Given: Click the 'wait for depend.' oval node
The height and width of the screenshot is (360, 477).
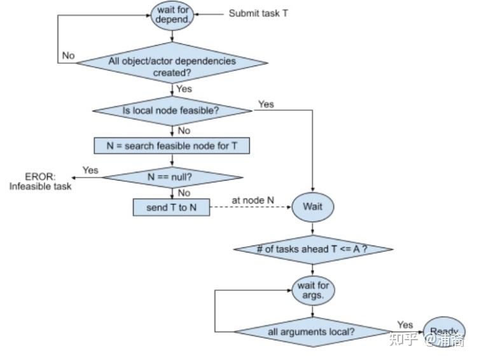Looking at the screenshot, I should (x=172, y=15).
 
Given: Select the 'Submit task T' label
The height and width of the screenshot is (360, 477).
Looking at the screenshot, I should (x=258, y=13).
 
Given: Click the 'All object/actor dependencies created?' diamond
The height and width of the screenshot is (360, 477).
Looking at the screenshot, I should (x=172, y=66).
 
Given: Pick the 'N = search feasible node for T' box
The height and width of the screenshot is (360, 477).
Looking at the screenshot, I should (x=171, y=146).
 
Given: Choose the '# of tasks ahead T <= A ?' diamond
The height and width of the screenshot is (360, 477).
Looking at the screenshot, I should (x=312, y=249).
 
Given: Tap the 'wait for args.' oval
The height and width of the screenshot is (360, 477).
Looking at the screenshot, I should (x=312, y=291).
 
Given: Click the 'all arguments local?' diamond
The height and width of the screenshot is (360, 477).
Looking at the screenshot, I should (x=312, y=331).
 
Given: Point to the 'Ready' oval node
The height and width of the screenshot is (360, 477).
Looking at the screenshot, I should (x=443, y=331).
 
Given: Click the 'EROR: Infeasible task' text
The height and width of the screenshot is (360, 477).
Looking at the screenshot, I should (x=40, y=181).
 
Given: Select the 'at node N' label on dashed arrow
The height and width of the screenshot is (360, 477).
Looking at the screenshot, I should (x=252, y=200).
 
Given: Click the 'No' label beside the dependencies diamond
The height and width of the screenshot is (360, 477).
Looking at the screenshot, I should (x=69, y=56).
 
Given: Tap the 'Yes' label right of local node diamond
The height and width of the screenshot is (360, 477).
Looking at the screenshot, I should (x=266, y=104).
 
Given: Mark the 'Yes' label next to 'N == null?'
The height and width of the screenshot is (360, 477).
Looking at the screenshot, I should (x=90, y=170).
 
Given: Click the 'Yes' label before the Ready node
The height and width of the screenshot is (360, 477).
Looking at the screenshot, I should (x=405, y=324).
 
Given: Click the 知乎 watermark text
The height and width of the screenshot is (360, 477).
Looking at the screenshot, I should (x=403, y=340).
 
